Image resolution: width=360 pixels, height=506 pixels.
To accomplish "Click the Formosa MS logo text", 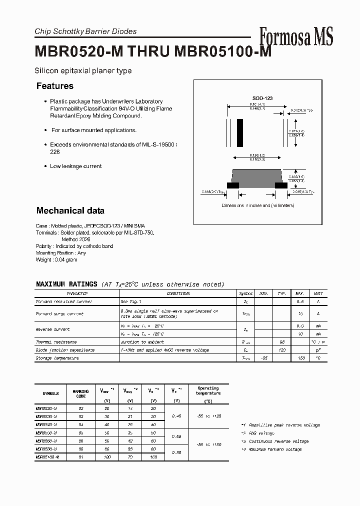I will pyautogui.click(x=296, y=36).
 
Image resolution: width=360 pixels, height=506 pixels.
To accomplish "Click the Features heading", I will pyautogui.click(x=55, y=86).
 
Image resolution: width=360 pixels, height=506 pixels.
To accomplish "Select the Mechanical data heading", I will pyautogui.click(x=70, y=210).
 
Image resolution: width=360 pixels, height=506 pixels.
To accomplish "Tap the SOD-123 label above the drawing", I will pyautogui.click(x=262, y=98).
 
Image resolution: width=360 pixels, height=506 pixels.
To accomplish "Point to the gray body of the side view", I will pyautogui.click(x=257, y=177).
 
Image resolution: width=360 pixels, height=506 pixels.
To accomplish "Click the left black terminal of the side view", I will pyautogui.click(x=232, y=185).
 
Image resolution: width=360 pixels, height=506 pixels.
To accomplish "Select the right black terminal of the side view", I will pyautogui.click(x=281, y=185).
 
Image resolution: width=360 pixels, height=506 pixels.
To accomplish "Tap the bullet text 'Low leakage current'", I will pyautogui.click(x=75, y=166).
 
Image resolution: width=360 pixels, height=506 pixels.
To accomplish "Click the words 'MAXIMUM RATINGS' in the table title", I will pyautogui.click(x=66, y=284).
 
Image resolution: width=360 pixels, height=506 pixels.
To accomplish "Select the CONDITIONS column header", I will pyautogui.click(x=178, y=293).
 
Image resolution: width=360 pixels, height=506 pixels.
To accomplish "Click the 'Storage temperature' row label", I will pyautogui.click(x=57, y=358).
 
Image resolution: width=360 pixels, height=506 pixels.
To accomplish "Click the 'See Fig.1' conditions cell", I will pyautogui.click(x=131, y=301).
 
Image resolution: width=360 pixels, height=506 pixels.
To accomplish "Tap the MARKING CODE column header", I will pyautogui.click(x=81, y=393).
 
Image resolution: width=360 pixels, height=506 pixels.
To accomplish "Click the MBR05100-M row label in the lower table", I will pyautogui.click(x=47, y=457).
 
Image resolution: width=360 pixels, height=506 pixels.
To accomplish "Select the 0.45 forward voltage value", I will pyautogui.click(x=176, y=416).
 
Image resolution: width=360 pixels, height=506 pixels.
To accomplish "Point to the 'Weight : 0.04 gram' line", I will pyautogui.click(x=56, y=260).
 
